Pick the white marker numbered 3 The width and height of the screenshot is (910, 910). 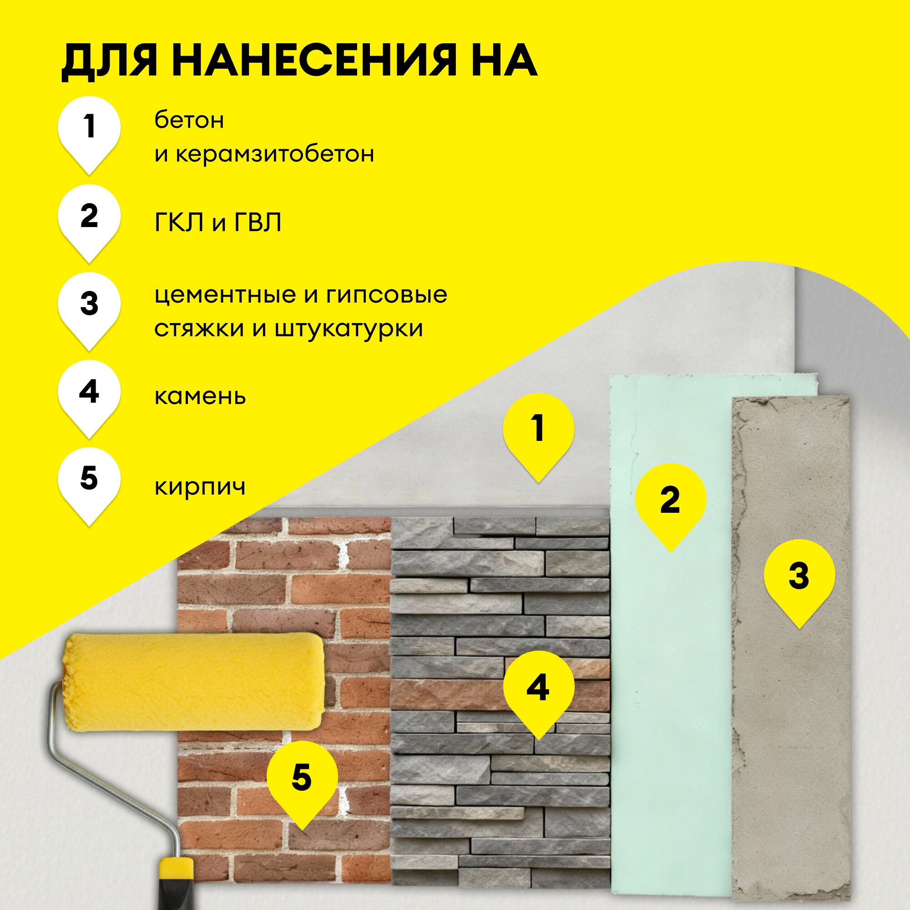tap(89, 304)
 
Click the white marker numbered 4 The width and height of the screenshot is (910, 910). tap(89, 392)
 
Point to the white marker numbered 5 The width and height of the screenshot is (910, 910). tap(89, 480)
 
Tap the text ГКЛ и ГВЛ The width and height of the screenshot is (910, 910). tap(217, 223)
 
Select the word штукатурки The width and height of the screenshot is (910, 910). tap(349, 329)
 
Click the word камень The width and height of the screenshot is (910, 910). tap(200, 397)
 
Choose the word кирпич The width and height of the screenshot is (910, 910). tap(200, 486)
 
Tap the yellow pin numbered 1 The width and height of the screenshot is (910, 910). tap(538, 430)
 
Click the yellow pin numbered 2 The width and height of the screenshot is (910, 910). tap(670, 500)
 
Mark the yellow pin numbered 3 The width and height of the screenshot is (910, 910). tap(799, 576)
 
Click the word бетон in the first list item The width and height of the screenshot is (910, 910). tap(189, 121)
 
